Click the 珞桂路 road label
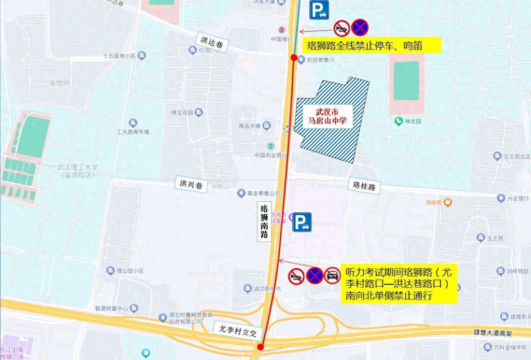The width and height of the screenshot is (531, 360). pos(364,186)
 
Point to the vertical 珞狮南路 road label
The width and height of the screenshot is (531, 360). pos(264,222)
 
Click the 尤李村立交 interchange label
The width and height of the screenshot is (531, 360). pos(237,330)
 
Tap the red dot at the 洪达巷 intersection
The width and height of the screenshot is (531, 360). pos(294,57)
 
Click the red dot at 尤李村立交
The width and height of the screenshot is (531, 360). pos(260,347)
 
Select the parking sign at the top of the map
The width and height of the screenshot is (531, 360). pos(319,10)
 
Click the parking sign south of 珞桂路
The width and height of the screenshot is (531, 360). pos(302,222)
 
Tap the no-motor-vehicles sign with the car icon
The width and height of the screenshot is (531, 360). pos(332,276)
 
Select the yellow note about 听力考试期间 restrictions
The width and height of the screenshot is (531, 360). pos(399,283)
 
